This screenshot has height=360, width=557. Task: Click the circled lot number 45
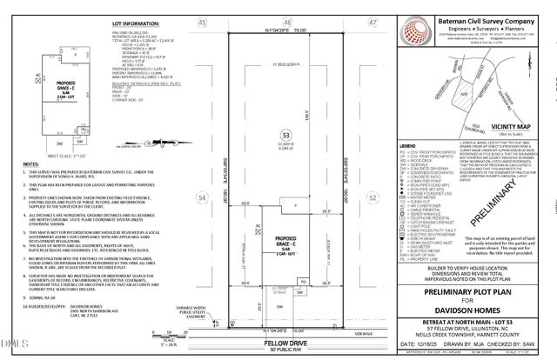(203, 22)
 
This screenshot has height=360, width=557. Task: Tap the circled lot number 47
(371, 22)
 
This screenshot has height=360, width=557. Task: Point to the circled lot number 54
(203, 198)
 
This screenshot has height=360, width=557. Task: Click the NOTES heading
(31, 163)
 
